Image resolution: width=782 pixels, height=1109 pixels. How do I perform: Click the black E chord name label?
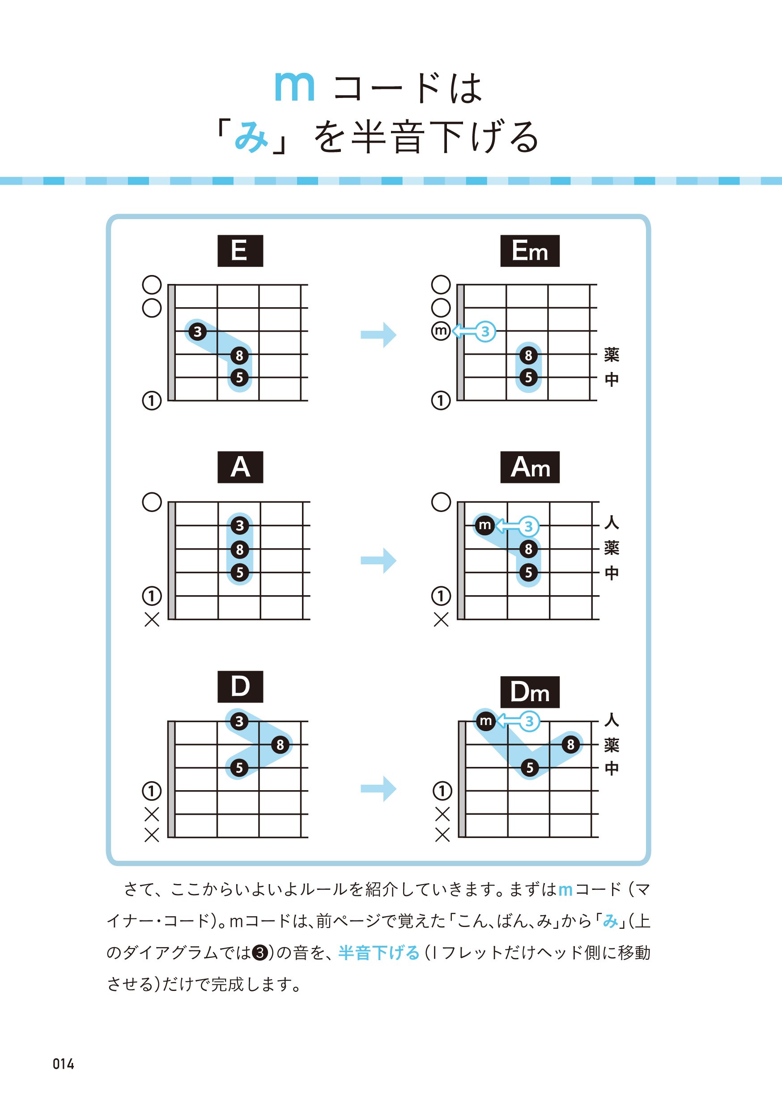[x=240, y=251]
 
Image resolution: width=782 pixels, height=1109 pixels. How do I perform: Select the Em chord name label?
[x=530, y=251]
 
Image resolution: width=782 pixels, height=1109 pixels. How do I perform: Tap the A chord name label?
[x=240, y=467]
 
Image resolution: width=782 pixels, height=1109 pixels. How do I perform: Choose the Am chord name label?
[x=530, y=467]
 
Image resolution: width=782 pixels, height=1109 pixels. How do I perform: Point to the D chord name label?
[x=240, y=686]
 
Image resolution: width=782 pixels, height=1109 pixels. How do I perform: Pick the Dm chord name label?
[x=530, y=692]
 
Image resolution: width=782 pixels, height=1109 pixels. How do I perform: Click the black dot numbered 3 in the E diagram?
[x=197, y=332]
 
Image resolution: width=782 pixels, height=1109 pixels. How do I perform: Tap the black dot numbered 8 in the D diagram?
[x=280, y=744]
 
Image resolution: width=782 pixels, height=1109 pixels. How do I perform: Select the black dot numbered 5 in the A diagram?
[x=240, y=572]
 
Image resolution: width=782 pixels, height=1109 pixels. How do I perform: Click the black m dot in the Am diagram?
[x=485, y=525]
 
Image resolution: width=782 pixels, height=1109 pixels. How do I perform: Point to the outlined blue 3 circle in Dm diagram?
[x=529, y=721]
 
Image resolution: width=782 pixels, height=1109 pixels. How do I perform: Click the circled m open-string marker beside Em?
[x=441, y=331]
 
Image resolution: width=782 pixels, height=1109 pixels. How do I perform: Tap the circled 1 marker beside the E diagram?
[x=152, y=400]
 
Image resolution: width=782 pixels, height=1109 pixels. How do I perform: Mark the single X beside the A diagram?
[x=152, y=620]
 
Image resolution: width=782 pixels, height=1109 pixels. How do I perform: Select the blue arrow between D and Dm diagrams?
[x=378, y=789]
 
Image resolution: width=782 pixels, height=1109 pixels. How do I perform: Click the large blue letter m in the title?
[x=294, y=86]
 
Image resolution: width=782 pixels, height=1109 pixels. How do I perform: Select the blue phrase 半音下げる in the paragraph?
[x=379, y=953]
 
